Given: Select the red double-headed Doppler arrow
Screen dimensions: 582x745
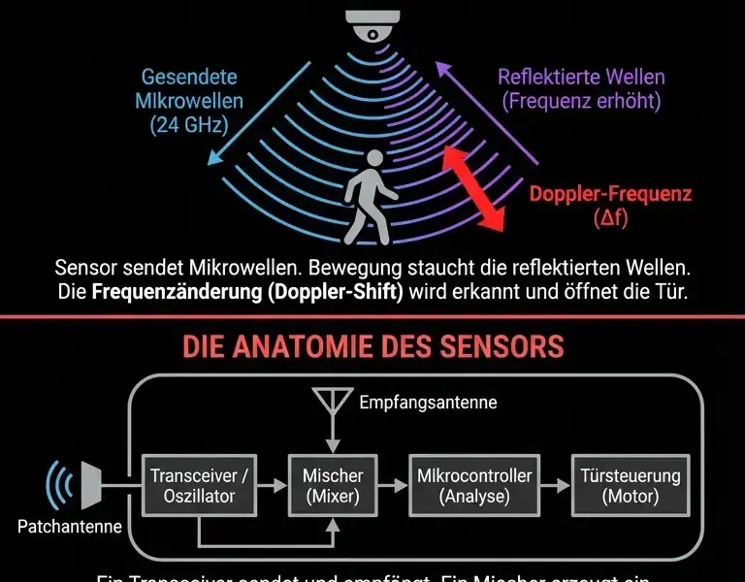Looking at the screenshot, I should coord(474,189).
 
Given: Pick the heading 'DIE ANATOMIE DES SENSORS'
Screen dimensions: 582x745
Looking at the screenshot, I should coord(372,345).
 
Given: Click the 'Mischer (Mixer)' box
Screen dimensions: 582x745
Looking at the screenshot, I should coord(333,486).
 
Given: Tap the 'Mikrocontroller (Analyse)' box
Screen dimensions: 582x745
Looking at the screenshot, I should coord(473,486).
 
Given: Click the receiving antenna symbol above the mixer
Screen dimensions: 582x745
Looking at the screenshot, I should coord(333,406).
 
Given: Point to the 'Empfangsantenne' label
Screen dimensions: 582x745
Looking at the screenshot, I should coord(427,403).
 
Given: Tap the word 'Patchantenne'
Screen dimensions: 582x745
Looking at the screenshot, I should coord(70,528).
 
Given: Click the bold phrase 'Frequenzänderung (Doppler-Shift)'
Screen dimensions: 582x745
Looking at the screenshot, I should coord(247,291).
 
